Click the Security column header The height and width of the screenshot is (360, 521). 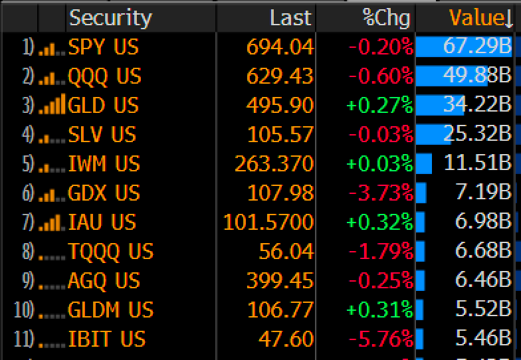tap(111, 17)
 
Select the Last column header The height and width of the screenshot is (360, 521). tap(290, 17)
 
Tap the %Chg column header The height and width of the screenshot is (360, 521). tap(386, 17)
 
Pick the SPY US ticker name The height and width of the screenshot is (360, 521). tap(104, 47)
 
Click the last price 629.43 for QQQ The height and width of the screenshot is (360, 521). tap(279, 76)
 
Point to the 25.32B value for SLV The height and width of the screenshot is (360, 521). tap(477, 135)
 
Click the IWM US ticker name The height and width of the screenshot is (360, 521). tap(104, 164)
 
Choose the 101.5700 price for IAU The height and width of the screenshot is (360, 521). tap(268, 223)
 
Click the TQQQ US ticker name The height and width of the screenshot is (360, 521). tap(110, 252)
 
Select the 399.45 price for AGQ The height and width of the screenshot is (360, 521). tap(279, 281)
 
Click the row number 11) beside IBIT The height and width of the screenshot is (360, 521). tap(23, 339)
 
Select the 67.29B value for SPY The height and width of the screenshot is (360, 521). tap(477, 47)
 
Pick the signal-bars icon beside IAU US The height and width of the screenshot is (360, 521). tap(51, 223)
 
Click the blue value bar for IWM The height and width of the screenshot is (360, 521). tap(424, 164)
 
